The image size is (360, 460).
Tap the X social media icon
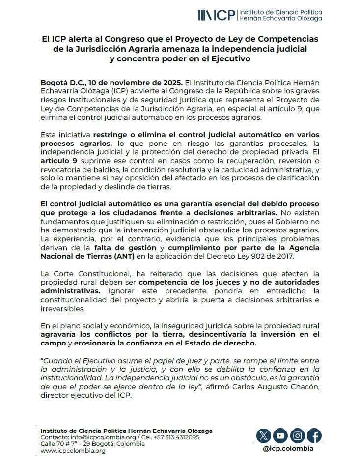(x=264, y=435)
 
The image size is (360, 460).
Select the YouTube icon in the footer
(x=280, y=435)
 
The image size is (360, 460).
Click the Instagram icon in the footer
(x=297, y=435)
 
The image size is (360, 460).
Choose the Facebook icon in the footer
(x=314, y=435)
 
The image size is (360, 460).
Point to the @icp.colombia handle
(x=288, y=448)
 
